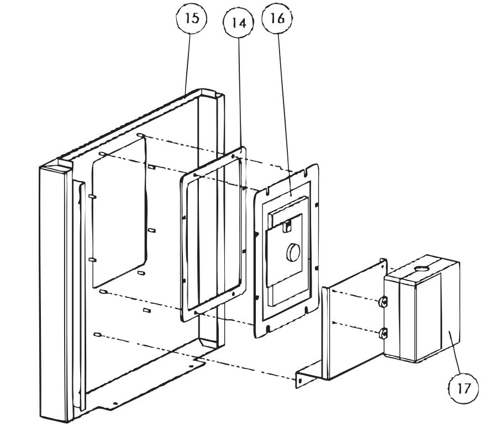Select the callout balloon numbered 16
coord(277,19)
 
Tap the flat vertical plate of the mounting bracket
coord(354,326)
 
